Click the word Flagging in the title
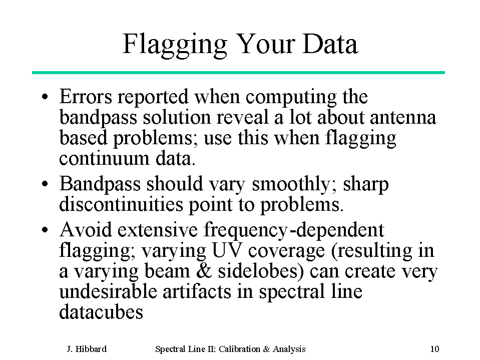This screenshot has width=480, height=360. click(x=175, y=45)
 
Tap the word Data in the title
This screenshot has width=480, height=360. click(x=330, y=44)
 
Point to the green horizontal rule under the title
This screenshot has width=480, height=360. click(x=238, y=73)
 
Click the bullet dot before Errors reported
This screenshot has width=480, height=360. click(x=45, y=97)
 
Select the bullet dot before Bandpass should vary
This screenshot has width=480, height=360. click(x=45, y=184)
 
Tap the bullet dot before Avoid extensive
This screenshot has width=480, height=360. click(x=45, y=230)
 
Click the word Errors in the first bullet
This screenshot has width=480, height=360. click(x=86, y=97)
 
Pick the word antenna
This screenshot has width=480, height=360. click(x=403, y=118)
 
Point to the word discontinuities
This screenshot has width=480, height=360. click(x=121, y=204)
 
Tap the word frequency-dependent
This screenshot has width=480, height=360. click(x=294, y=230)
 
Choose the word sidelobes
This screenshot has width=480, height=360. click(x=261, y=271)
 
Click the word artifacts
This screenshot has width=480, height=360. click(x=197, y=291)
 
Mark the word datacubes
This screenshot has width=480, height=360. click(x=101, y=312)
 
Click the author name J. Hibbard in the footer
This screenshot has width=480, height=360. click(x=87, y=349)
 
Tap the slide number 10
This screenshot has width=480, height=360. click(x=434, y=349)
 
